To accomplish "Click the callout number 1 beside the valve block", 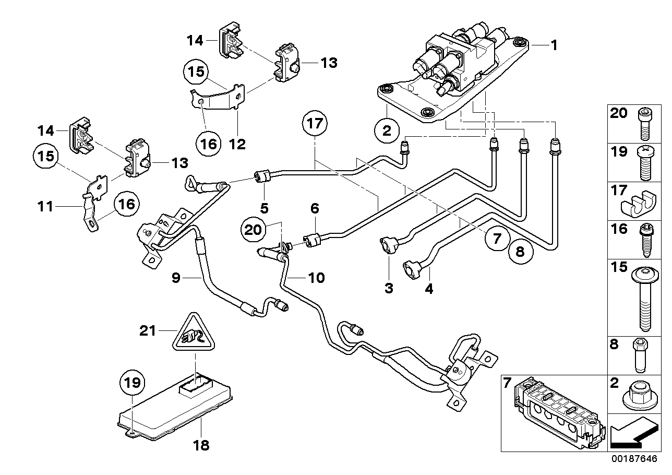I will [x=554, y=46].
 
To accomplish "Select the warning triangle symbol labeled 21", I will [x=194, y=333].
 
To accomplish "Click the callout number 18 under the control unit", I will [x=201, y=445].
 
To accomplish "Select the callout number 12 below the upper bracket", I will [x=237, y=144].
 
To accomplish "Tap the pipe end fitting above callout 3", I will [x=388, y=245].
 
